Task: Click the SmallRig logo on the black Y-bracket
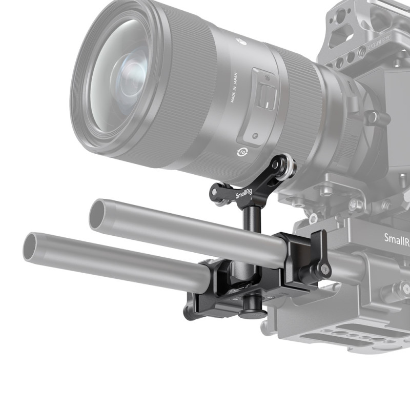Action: pos(244,195)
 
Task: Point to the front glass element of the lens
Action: pos(123,77)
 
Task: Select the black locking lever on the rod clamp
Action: pos(318,256)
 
